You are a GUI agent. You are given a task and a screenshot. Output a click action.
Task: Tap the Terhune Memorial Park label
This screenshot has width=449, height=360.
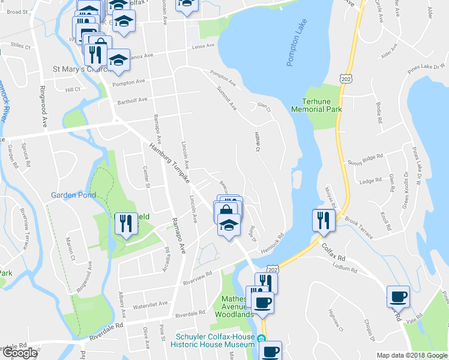click(316, 106)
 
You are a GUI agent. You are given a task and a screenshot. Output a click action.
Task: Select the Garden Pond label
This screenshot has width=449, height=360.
click(73, 195)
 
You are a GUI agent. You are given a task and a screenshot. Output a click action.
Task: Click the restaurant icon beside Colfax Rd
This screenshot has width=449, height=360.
click(320, 220)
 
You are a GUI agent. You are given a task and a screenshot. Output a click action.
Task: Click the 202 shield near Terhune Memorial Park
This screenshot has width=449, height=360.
click(345, 79)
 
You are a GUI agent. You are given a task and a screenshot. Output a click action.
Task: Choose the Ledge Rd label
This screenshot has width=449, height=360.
click(366, 181)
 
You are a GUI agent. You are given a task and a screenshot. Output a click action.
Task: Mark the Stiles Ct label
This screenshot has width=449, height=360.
click(20, 45)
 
